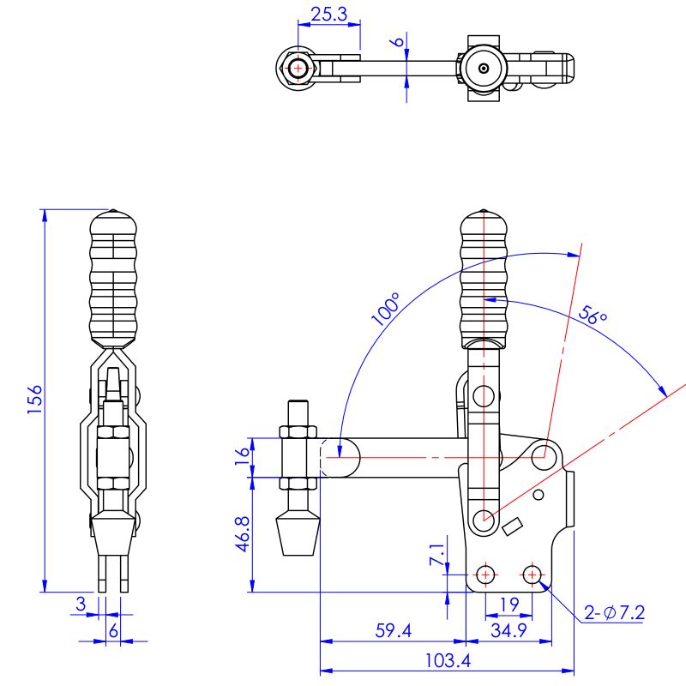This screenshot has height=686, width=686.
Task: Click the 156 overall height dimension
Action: (x=33, y=400)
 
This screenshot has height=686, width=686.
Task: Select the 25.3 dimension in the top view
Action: (x=328, y=14)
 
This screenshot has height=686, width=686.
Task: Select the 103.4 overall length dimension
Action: (x=447, y=661)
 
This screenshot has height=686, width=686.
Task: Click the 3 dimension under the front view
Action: (x=81, y=605)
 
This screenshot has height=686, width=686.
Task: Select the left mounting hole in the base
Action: (x=486, y=573)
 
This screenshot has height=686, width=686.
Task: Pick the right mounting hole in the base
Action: (x=533, y=573)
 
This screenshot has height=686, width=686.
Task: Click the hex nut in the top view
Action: (x=298, y=66)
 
